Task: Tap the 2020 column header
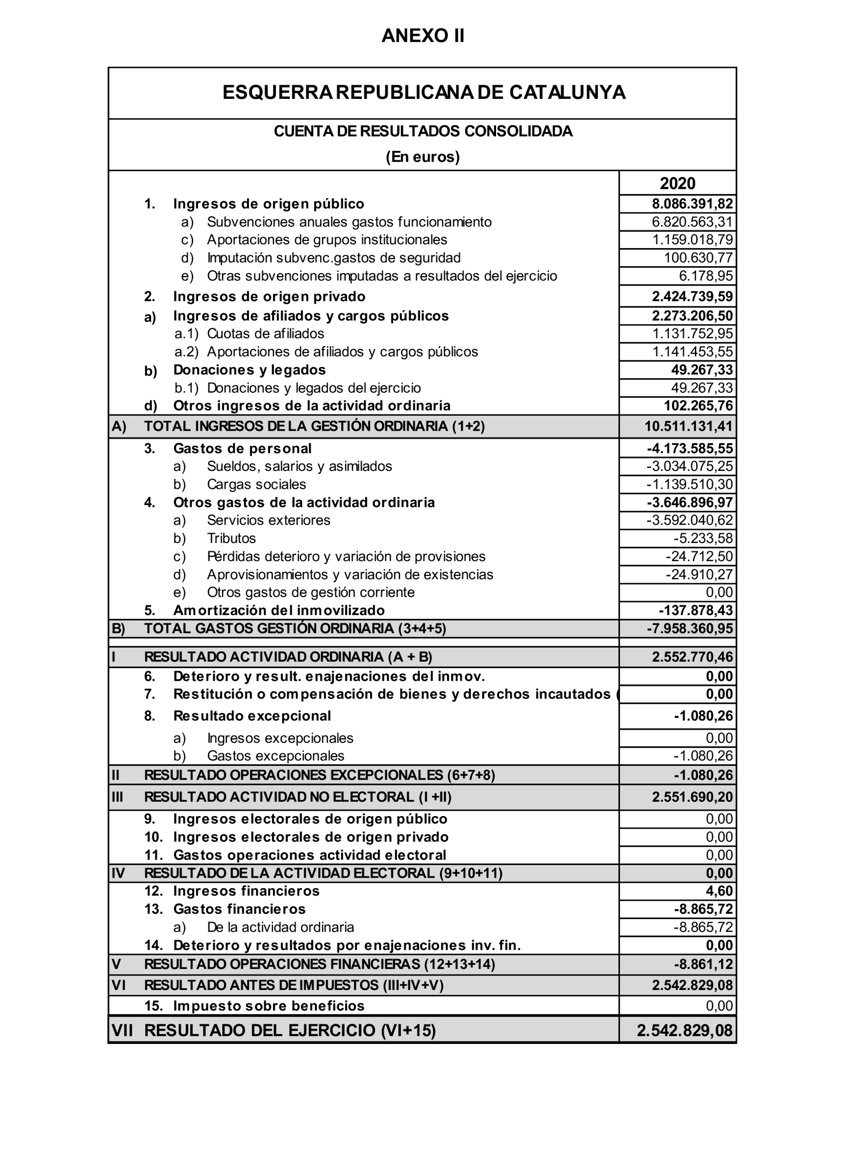(677, 183)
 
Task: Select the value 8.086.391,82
(692, 204)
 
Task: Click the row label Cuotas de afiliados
(265, 334)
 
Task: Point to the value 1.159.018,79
(692, 240)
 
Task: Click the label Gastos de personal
(242, 449)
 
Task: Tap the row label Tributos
(231, 538)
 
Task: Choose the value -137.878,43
(695, 610)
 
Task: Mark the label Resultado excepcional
(252, 716)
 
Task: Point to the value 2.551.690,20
(692, 797)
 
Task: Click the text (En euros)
(423, 157)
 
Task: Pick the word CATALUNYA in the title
(567, 92)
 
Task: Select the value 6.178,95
(706, 276)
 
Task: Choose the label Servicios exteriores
(268, 520)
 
